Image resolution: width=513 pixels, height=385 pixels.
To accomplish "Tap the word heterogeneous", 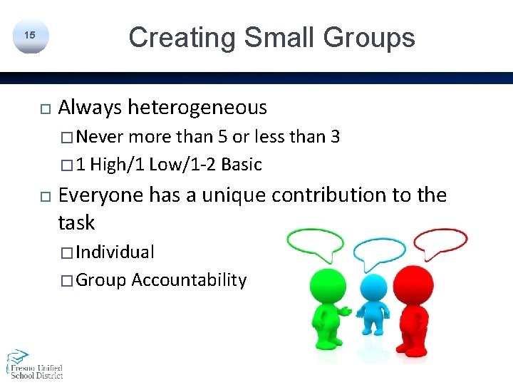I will [197, 108].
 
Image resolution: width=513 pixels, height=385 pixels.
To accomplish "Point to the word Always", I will [90, 108].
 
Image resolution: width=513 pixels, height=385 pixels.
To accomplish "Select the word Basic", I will [242, 165].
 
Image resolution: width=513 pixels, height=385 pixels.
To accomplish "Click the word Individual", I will [115, 252].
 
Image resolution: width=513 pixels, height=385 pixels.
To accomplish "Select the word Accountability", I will [189, 280].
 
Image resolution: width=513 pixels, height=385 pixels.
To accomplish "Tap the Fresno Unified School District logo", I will [34, 364].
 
